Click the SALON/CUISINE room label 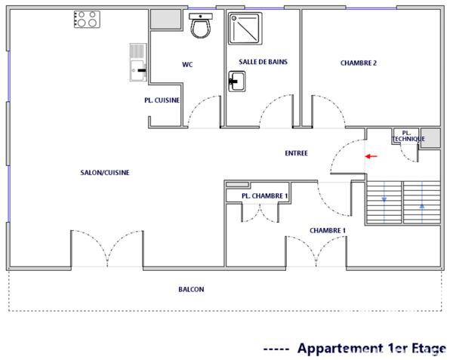[105, 173]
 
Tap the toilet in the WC [200, 28]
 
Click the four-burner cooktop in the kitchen [87, 19]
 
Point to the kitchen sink [137, 61]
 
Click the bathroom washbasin [236, 79]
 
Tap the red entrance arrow [371, 156]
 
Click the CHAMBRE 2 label [358, 63]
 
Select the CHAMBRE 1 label [328, 230]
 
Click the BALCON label [191, 289]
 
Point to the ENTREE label [296, 153]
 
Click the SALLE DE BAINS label [263, 62]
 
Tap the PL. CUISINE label [162, 100]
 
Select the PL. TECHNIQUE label [408, 136]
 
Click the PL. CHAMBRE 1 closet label [264, 196]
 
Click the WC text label [187, 65]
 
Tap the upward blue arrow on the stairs [421, 205]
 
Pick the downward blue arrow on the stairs [384, 200]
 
